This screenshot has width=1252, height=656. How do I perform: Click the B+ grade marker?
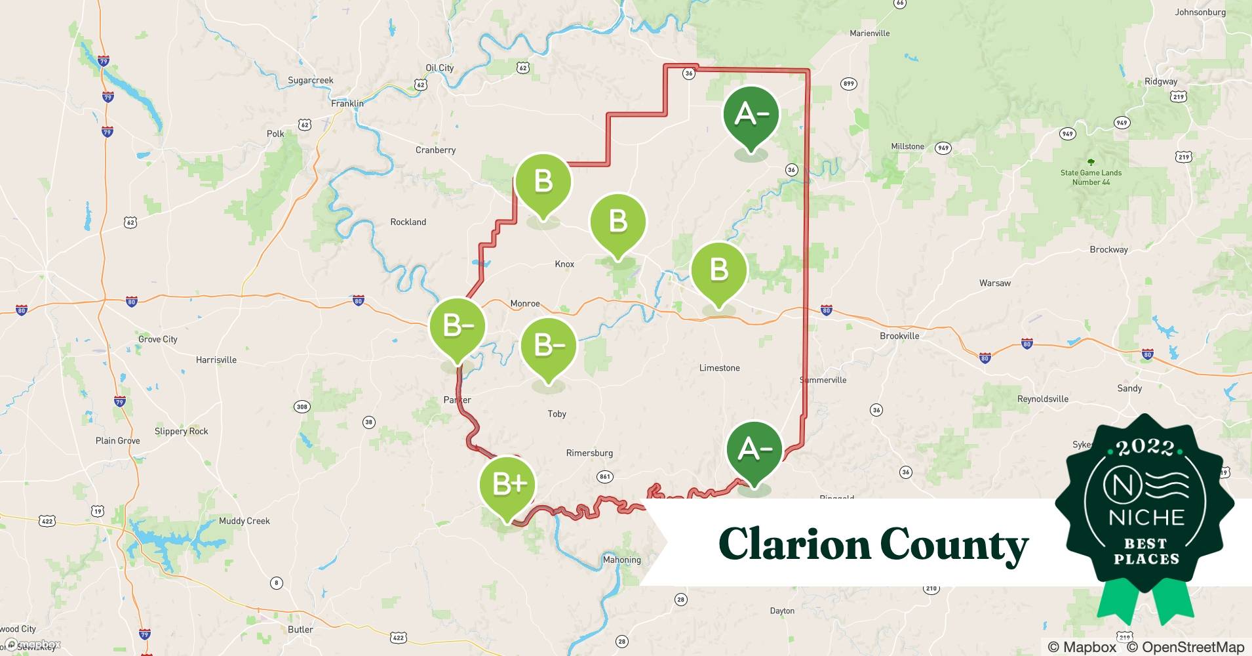click(508, 484)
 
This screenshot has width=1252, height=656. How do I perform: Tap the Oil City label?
click(439, 68)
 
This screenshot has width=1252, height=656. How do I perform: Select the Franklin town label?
click(347, 103)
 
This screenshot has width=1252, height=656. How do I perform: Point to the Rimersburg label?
click(589, 453)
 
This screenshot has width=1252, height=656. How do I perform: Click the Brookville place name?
click(899, 336)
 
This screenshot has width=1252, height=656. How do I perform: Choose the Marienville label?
click(869, 33)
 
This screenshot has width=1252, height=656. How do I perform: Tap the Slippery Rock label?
click(181, 431)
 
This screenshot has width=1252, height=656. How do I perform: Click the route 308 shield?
click(302, 407)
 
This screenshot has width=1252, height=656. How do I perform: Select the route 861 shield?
click(604, 477)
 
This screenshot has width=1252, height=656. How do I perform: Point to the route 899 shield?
click(848, 83)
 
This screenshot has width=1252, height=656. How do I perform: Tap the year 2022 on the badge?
click(1145, 447)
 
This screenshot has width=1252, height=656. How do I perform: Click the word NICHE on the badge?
click(1146, 517)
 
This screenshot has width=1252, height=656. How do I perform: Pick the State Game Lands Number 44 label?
click(1091, 177)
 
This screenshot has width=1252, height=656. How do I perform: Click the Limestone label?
click(719, 368)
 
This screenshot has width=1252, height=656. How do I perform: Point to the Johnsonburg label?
click(1200, 12)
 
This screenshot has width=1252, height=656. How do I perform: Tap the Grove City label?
click(157, 339)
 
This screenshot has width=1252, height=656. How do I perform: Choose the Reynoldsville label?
click(1042, 399)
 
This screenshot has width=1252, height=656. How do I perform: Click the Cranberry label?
click(435, 150)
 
